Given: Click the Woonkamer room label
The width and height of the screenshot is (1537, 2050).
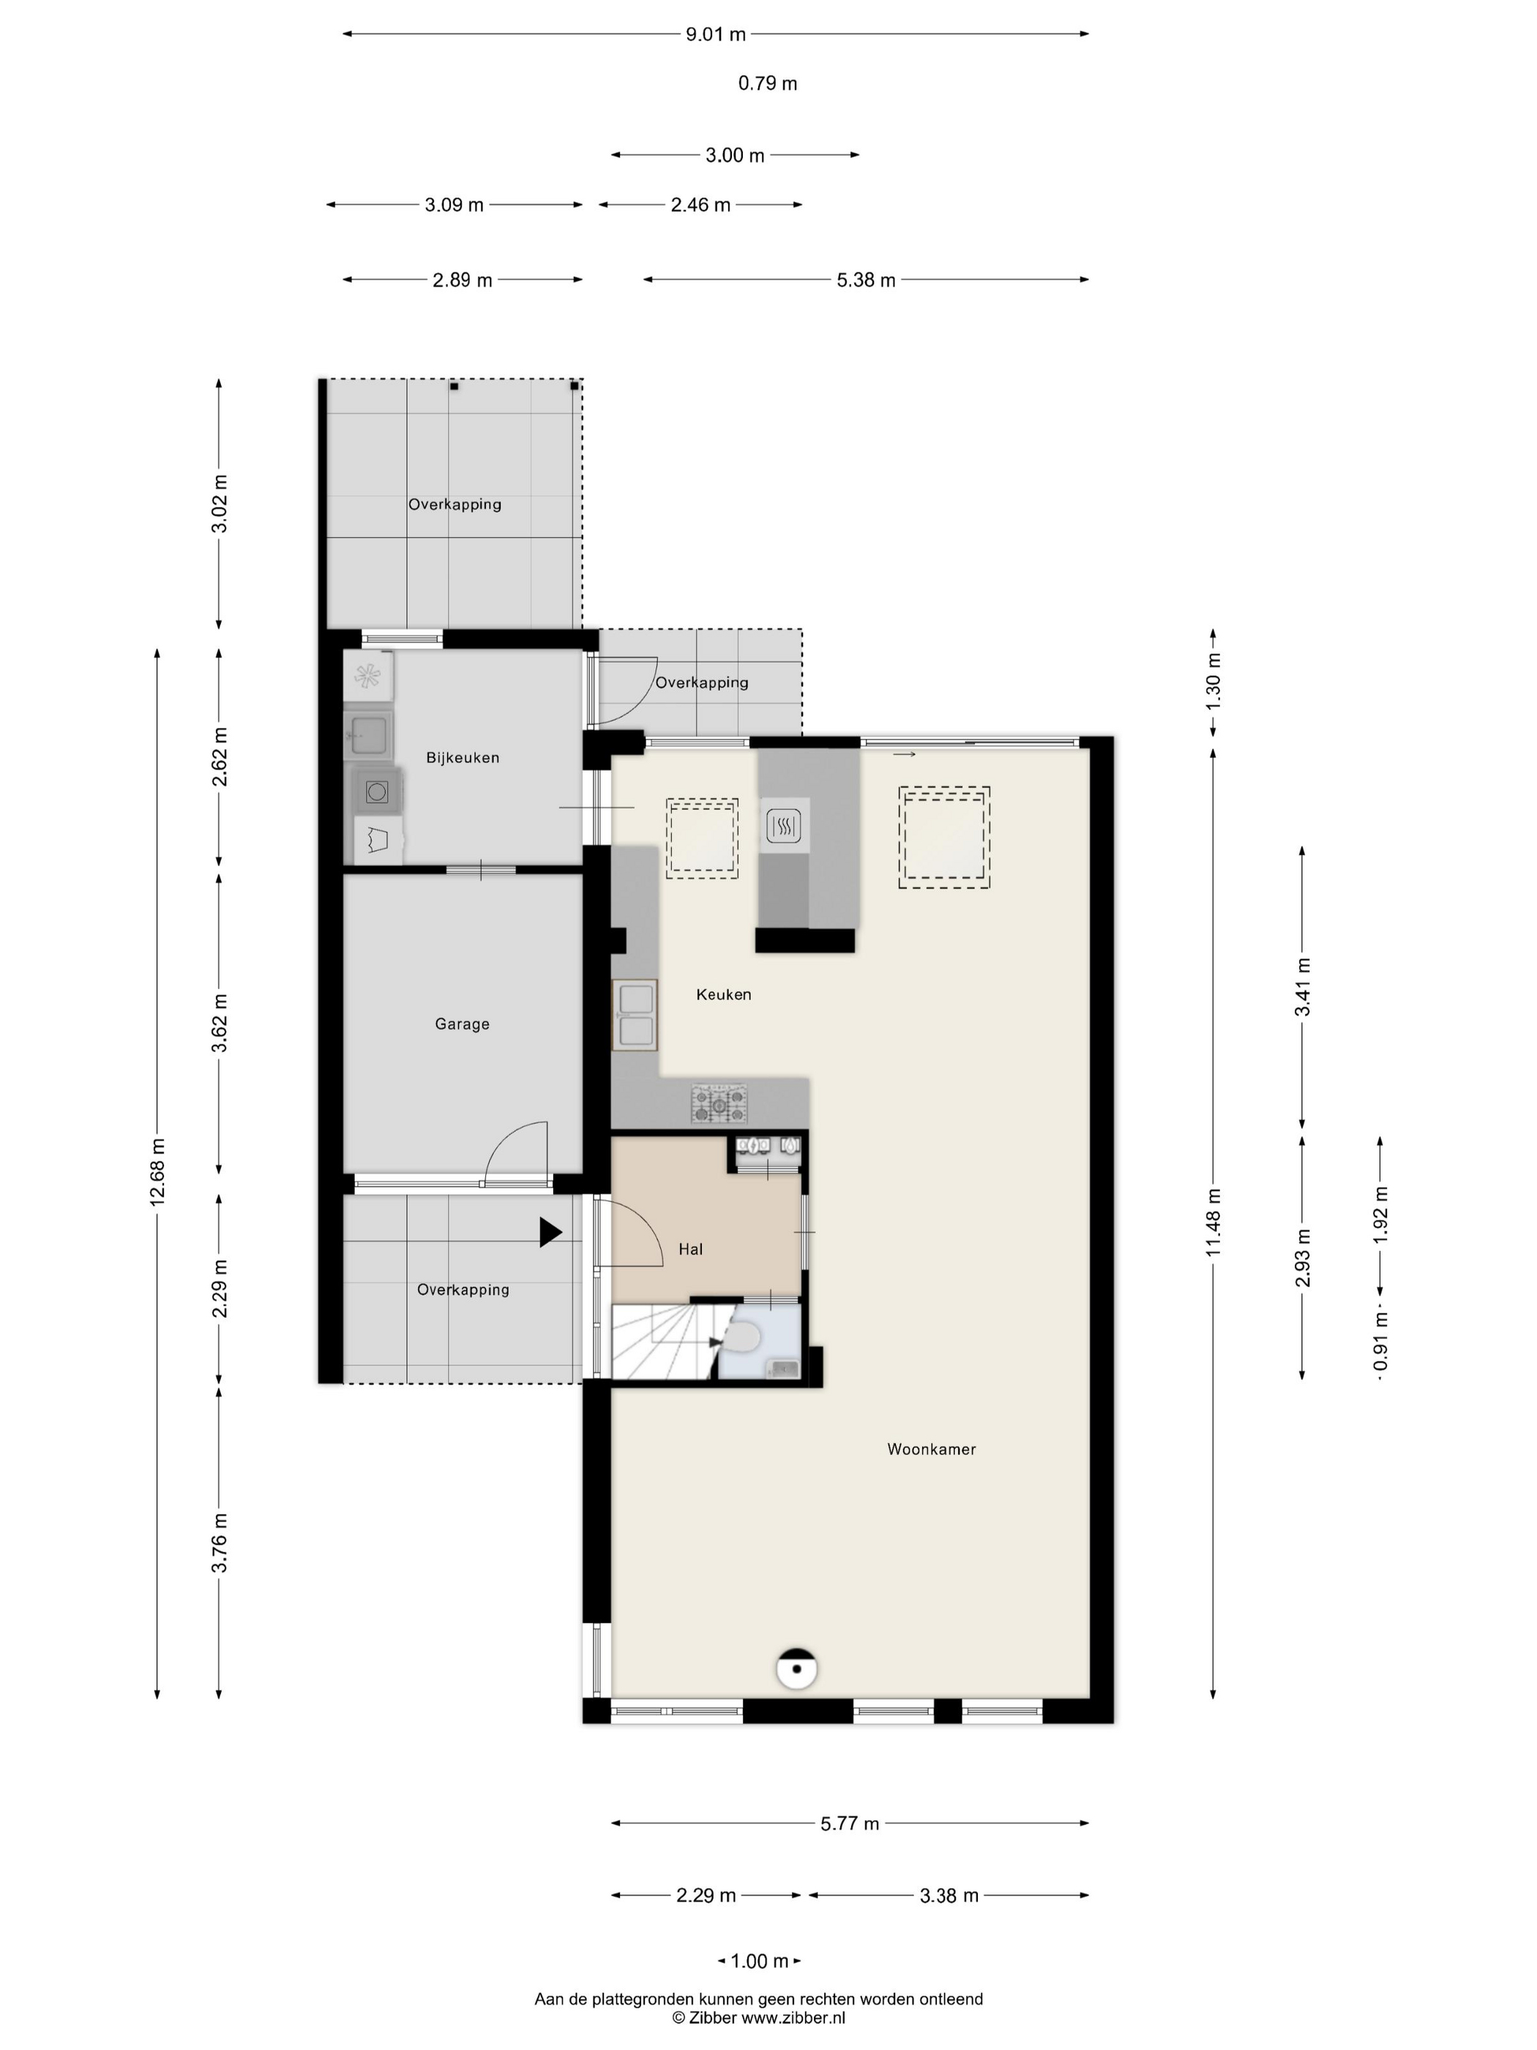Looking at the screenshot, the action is (x=931, y=1448).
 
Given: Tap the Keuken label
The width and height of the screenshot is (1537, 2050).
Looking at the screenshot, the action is (x=724, y=994).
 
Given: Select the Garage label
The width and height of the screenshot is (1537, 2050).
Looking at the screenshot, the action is (x=463, y=1024).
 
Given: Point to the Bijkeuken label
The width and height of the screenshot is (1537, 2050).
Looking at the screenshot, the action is (x=463, y=757).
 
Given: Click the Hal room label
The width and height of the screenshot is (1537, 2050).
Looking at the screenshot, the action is (x=690, y=1249).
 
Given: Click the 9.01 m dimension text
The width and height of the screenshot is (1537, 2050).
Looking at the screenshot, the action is (x=715, y=34).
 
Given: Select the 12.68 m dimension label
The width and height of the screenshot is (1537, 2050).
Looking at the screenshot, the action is (x=157, y=1171).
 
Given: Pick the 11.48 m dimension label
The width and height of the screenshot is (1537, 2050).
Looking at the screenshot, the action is (x=1213, y=1223).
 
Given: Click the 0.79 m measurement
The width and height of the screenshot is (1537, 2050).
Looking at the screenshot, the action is (x=767, y=83).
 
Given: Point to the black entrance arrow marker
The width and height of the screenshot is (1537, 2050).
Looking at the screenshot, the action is (x=550, y=1231).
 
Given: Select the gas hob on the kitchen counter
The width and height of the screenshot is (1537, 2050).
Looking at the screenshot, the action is (x=719, y=1103).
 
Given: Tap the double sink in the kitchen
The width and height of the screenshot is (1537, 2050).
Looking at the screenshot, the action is (x=635, y=1015).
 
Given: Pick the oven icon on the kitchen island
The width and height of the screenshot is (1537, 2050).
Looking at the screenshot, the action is (x=784, y=825).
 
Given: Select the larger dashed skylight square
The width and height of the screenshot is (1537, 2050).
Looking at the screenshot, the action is (x=944, y=838).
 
